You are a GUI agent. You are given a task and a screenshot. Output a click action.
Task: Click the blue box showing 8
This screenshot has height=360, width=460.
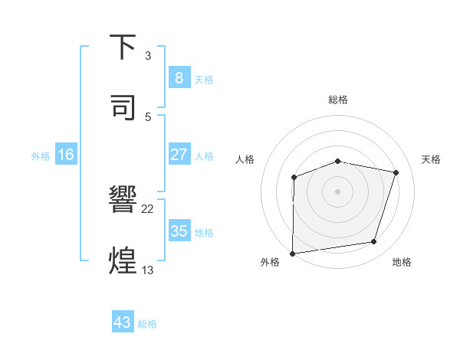click(x=179, y=78)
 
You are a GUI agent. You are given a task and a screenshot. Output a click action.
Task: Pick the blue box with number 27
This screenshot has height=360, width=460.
click(x=179, y=155)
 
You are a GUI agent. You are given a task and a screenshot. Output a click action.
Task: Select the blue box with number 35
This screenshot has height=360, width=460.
click(x=179, y=231)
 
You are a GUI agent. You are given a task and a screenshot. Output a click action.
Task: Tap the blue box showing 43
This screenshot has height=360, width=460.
click(x=123, y=322)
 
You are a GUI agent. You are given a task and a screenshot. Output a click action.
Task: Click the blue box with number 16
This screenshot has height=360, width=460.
click(x=66, y=155)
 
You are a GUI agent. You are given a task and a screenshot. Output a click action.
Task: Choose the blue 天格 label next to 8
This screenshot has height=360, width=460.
click(x=204, y=79)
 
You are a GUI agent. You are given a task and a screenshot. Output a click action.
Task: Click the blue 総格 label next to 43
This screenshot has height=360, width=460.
click(x=147, y=324)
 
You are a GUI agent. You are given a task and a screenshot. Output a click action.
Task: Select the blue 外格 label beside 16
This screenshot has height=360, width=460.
click(x=41, y=155)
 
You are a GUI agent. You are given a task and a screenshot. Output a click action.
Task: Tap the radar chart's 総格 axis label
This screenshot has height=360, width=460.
click(x=338, y=100)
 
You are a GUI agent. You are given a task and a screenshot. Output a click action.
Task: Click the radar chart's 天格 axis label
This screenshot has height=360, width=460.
click(x=432, y=159)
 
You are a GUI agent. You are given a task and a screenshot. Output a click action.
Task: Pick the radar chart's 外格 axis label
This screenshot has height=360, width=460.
click(x=270, y=262)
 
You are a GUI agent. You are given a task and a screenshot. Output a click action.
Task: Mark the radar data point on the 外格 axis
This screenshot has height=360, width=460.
click(x=293, y=253)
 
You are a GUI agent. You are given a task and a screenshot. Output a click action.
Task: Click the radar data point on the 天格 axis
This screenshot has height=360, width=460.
click(x=396, y=172)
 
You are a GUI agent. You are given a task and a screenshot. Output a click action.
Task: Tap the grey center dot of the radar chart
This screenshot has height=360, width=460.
click(x=338, y=191)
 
